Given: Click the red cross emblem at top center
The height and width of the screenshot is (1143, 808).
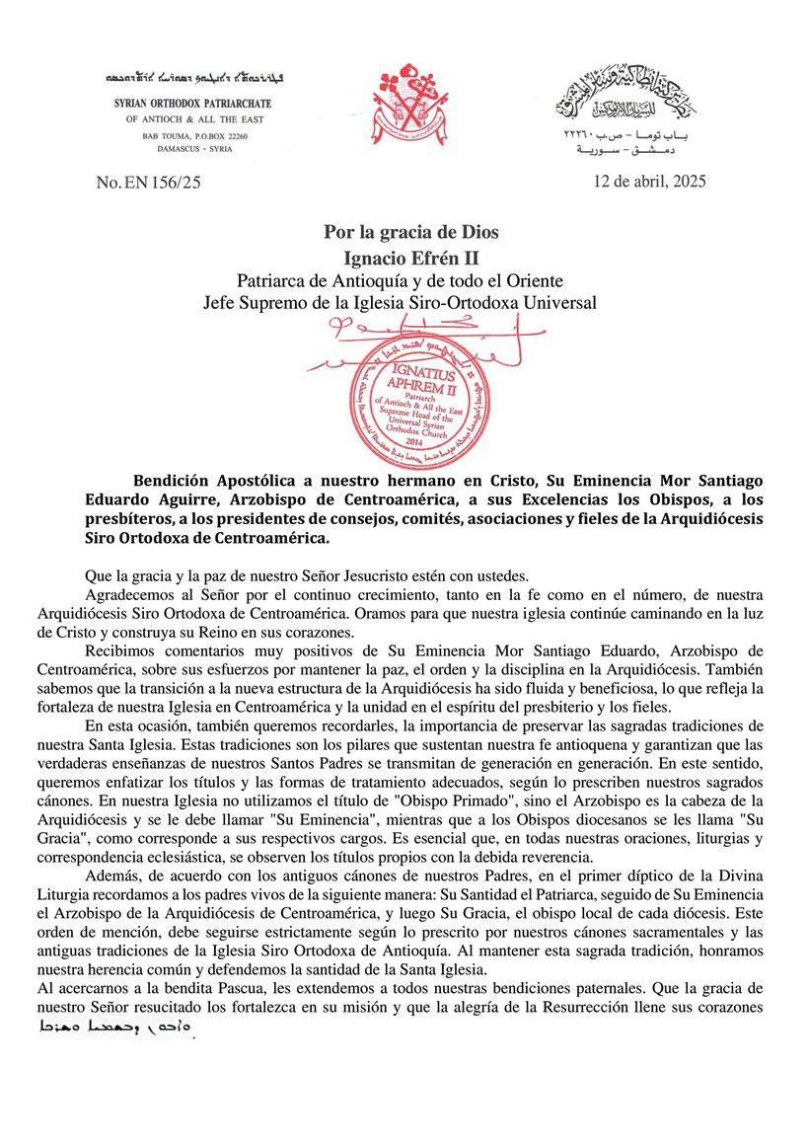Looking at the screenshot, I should pyautogui.click(x=404, y=104).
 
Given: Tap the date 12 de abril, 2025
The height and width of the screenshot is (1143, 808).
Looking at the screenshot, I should pyautogui.click(x=650, y=182).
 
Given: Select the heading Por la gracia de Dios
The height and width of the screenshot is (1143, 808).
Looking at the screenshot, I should pyautogui.click(x=411, y=233).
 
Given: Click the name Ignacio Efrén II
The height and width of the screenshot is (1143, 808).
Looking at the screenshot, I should pyautogui.click(x=411, y=258).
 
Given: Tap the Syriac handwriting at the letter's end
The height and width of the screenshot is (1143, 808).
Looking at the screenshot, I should pyautogui.click(x=112, y=1029).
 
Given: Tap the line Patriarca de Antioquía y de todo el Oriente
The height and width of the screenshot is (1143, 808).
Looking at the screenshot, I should pyautogui.click(x=411, y=280).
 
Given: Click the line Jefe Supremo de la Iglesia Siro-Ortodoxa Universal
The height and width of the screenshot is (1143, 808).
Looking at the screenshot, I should pyautogui.click(x=411, y=302).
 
